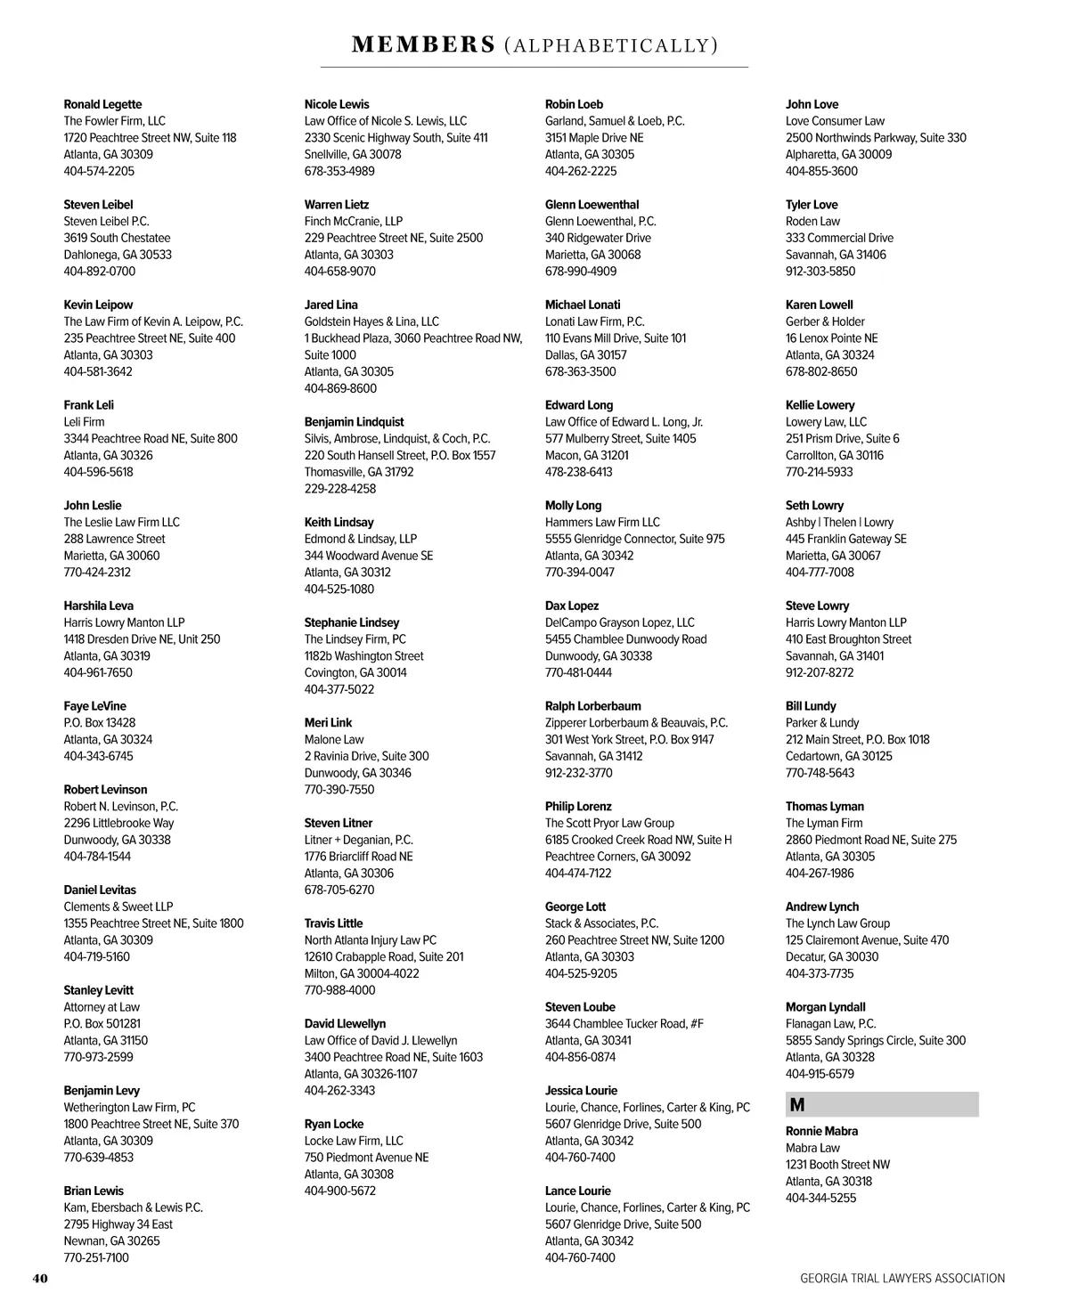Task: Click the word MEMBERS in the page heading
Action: point(423,45)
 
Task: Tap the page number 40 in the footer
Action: point(40,1278)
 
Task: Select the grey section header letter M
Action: point(797,1105)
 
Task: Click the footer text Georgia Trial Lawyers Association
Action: point(902,1278)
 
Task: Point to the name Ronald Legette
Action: point(102,104)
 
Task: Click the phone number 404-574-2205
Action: point(99,171)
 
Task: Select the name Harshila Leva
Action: point(98,606)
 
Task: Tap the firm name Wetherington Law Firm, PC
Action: point(129,1107)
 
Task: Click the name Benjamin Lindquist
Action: point(354,422)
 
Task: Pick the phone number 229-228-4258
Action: point(340,489)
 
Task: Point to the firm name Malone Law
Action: point(334,739)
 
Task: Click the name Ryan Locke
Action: point(334,1124)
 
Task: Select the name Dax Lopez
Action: point(572,606)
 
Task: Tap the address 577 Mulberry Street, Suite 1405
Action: point(621,438)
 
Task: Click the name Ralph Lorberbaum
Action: point(593,706)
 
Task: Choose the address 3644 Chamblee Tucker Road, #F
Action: point(624,1023)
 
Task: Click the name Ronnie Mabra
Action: point(821,1131)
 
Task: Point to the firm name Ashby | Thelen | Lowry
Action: point(839,522)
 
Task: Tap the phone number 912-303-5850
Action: point(820,272)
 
